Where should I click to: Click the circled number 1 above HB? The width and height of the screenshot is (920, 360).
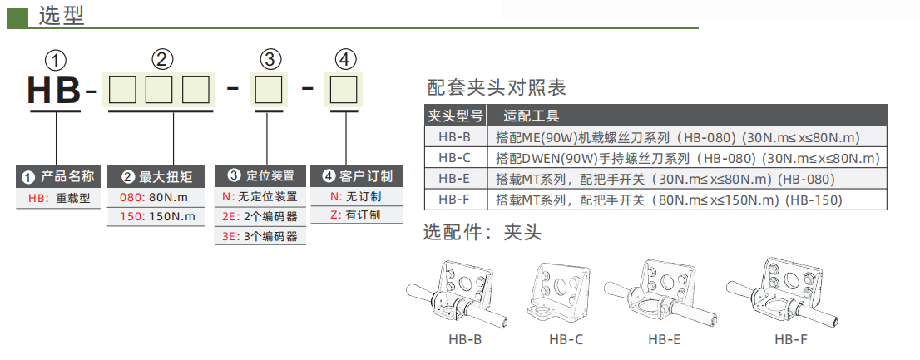[x=56, y=60]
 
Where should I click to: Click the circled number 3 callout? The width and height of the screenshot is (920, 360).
[x=271, y=60]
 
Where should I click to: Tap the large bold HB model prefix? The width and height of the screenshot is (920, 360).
[x=55, y=89]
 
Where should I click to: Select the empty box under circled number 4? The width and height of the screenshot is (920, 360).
[x=343, y=89]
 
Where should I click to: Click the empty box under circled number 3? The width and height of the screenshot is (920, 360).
[x=267, y=89]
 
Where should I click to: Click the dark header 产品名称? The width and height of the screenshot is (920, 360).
[x=60, y=176]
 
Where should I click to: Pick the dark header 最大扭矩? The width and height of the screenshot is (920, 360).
[x=157, y=176]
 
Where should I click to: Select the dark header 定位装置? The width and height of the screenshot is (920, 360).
[x=260, y=176]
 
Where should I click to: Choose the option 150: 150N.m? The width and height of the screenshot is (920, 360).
[x=157, y=216]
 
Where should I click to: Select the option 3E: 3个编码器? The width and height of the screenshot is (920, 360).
[x=259, y=236]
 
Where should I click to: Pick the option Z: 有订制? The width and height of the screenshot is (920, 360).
[x=355, y=215]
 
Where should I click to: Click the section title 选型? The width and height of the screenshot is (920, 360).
[x=61, y=15]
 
